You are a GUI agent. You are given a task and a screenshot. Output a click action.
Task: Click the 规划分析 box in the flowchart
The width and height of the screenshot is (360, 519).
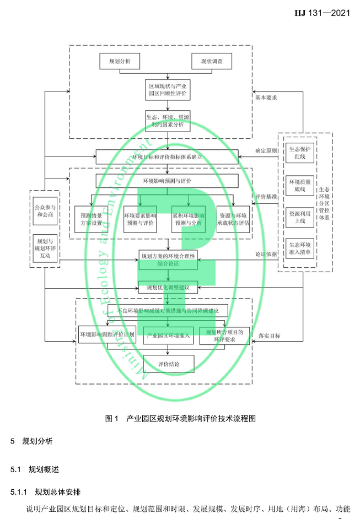120,61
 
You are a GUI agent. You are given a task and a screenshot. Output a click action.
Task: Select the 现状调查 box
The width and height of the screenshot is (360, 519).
211,61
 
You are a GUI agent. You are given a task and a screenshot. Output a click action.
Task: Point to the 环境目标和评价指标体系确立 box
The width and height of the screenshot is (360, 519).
168,156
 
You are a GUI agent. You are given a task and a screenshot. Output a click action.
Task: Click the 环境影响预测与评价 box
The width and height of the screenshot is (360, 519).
166,181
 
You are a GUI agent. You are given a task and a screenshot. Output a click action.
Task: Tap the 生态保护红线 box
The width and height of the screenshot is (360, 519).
300,153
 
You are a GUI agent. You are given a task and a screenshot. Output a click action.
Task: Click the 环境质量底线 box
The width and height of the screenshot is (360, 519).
300,185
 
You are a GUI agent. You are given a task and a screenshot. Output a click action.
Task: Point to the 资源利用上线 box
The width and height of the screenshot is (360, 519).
300,217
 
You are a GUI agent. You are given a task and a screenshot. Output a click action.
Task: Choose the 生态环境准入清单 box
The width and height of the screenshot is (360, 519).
300,249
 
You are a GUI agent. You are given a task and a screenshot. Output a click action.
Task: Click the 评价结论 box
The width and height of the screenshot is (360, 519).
168,364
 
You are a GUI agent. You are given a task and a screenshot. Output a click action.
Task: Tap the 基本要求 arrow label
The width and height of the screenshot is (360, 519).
266,98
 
